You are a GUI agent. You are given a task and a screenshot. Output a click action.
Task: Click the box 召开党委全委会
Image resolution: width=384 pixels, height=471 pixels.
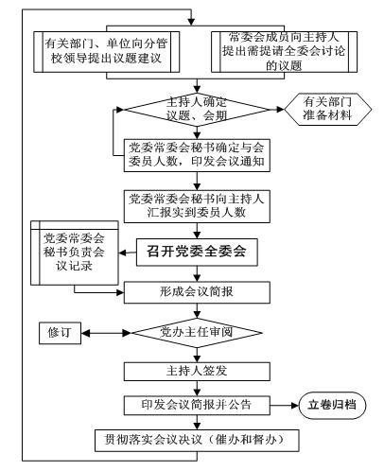[x=197, y=252]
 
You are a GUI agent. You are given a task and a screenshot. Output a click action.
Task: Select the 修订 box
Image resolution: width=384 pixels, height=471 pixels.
[x=60, y=333]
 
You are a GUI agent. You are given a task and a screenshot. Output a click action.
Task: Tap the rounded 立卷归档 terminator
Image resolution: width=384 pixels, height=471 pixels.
[x=332, y=405]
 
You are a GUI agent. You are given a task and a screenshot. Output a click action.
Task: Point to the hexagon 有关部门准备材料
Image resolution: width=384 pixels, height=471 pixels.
[x=328, y=109]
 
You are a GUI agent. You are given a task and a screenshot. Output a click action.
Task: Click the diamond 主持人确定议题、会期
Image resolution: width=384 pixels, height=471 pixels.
[x=197, y=110]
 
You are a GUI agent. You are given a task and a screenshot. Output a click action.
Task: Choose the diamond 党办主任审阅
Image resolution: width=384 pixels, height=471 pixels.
[x=197, y=333]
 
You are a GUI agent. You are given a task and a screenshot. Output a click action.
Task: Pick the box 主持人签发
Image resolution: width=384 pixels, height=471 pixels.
[x=197, y=371]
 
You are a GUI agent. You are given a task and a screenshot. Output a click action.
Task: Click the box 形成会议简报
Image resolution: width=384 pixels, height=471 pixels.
[x=197, y=292]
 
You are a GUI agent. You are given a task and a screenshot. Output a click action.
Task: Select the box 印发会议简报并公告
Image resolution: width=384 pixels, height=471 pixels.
[x=197, y=405]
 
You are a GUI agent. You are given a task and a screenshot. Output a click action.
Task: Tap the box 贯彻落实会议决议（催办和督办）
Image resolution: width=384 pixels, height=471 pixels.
[x=197, y=440]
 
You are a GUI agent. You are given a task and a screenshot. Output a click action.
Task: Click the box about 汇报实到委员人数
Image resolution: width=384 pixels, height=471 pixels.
[x=197, y=206]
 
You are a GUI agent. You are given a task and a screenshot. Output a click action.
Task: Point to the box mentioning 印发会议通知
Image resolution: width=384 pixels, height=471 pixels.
[x=197, y=155]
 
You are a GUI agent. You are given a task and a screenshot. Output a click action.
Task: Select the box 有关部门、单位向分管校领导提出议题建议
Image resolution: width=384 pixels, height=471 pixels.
[x=107, y=52]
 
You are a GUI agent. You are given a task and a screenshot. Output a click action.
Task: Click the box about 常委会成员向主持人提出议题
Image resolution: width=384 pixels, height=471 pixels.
[x=284, y=52]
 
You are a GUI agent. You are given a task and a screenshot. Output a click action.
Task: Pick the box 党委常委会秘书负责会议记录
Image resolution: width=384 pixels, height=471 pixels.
[x=75, y=253]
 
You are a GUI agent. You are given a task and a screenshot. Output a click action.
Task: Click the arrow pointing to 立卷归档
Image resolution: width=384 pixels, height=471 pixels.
[x=285, y=406]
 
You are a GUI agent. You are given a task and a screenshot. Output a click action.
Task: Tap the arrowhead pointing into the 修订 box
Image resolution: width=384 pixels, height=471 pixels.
[x=85, y=333]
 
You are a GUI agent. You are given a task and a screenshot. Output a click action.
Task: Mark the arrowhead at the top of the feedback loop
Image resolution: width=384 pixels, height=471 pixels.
[x=191, y=21]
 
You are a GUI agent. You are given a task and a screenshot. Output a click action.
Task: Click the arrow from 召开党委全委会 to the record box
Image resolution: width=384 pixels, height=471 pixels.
[x=128, y=253]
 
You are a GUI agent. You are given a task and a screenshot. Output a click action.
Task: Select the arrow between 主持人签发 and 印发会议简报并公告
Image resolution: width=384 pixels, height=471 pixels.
[x=197, y=388]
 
